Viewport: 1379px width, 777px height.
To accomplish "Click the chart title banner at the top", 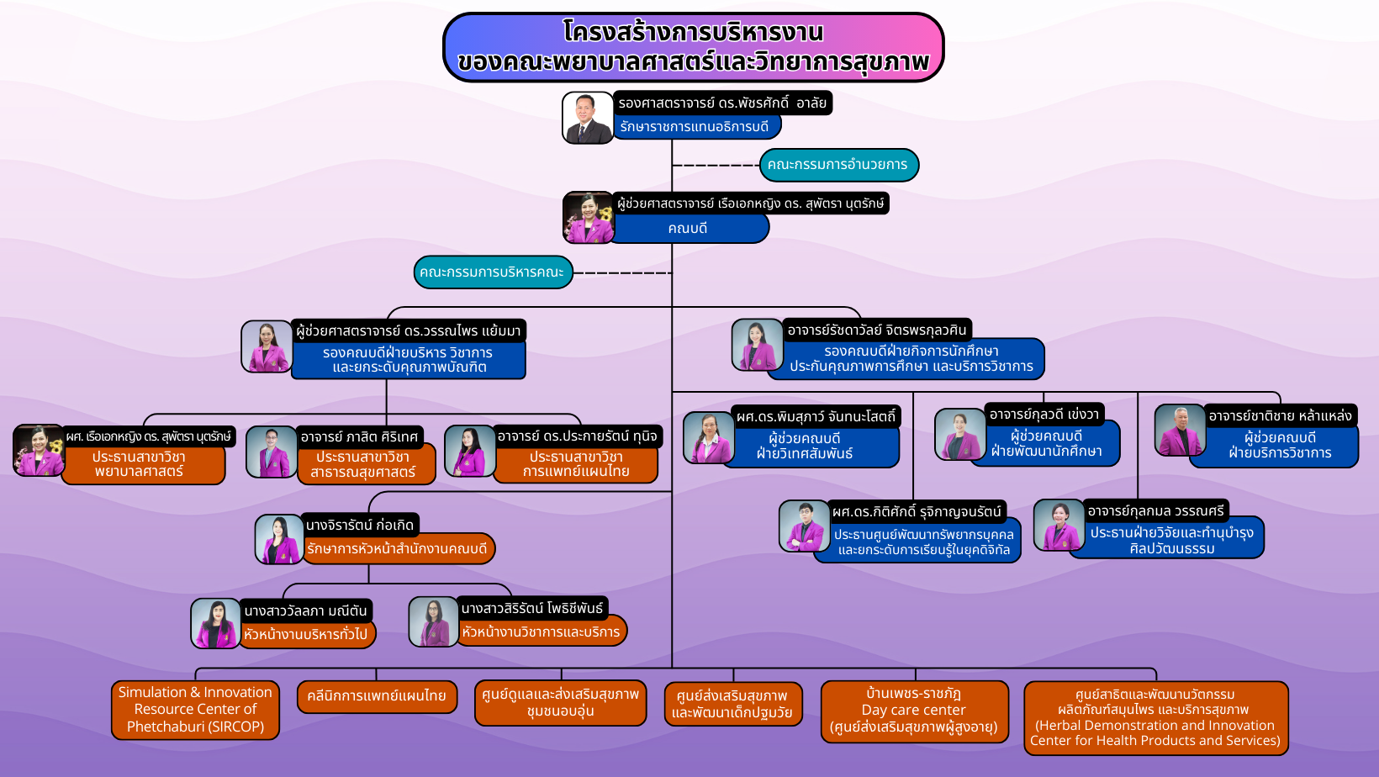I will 694,47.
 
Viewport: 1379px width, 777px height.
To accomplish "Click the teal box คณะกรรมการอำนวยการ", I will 838,165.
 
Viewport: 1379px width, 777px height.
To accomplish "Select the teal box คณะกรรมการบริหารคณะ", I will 493,272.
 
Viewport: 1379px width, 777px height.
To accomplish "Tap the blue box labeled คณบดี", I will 688,228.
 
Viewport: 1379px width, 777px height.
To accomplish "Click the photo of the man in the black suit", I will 588,118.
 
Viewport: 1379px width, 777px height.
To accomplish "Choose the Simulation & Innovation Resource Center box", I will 195,710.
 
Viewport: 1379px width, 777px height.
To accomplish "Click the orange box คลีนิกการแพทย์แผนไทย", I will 377,696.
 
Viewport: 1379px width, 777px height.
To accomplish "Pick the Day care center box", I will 914,711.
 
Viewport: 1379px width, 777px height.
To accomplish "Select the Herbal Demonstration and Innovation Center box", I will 1155,718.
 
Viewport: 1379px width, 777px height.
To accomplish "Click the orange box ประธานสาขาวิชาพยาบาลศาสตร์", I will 140,464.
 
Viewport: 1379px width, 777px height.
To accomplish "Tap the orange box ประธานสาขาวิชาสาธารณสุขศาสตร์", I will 363,464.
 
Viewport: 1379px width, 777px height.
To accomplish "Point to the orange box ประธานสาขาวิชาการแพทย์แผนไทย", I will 576,464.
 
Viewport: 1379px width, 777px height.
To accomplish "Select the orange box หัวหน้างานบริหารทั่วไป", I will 306,634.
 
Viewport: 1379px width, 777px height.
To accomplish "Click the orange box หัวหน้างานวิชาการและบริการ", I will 542,632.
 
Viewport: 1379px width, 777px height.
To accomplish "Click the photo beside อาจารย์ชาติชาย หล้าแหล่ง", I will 1179,430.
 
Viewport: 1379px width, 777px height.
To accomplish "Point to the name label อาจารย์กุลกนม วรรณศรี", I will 1156,510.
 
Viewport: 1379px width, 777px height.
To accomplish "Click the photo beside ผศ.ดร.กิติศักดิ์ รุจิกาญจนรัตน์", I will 804,526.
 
